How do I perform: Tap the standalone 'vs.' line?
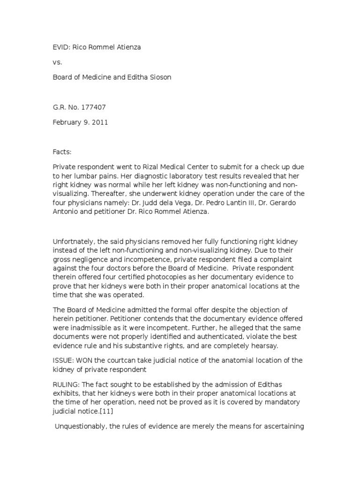57,62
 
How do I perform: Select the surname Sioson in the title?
160,77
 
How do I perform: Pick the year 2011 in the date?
100,122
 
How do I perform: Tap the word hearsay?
265,346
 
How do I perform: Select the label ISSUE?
63,360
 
